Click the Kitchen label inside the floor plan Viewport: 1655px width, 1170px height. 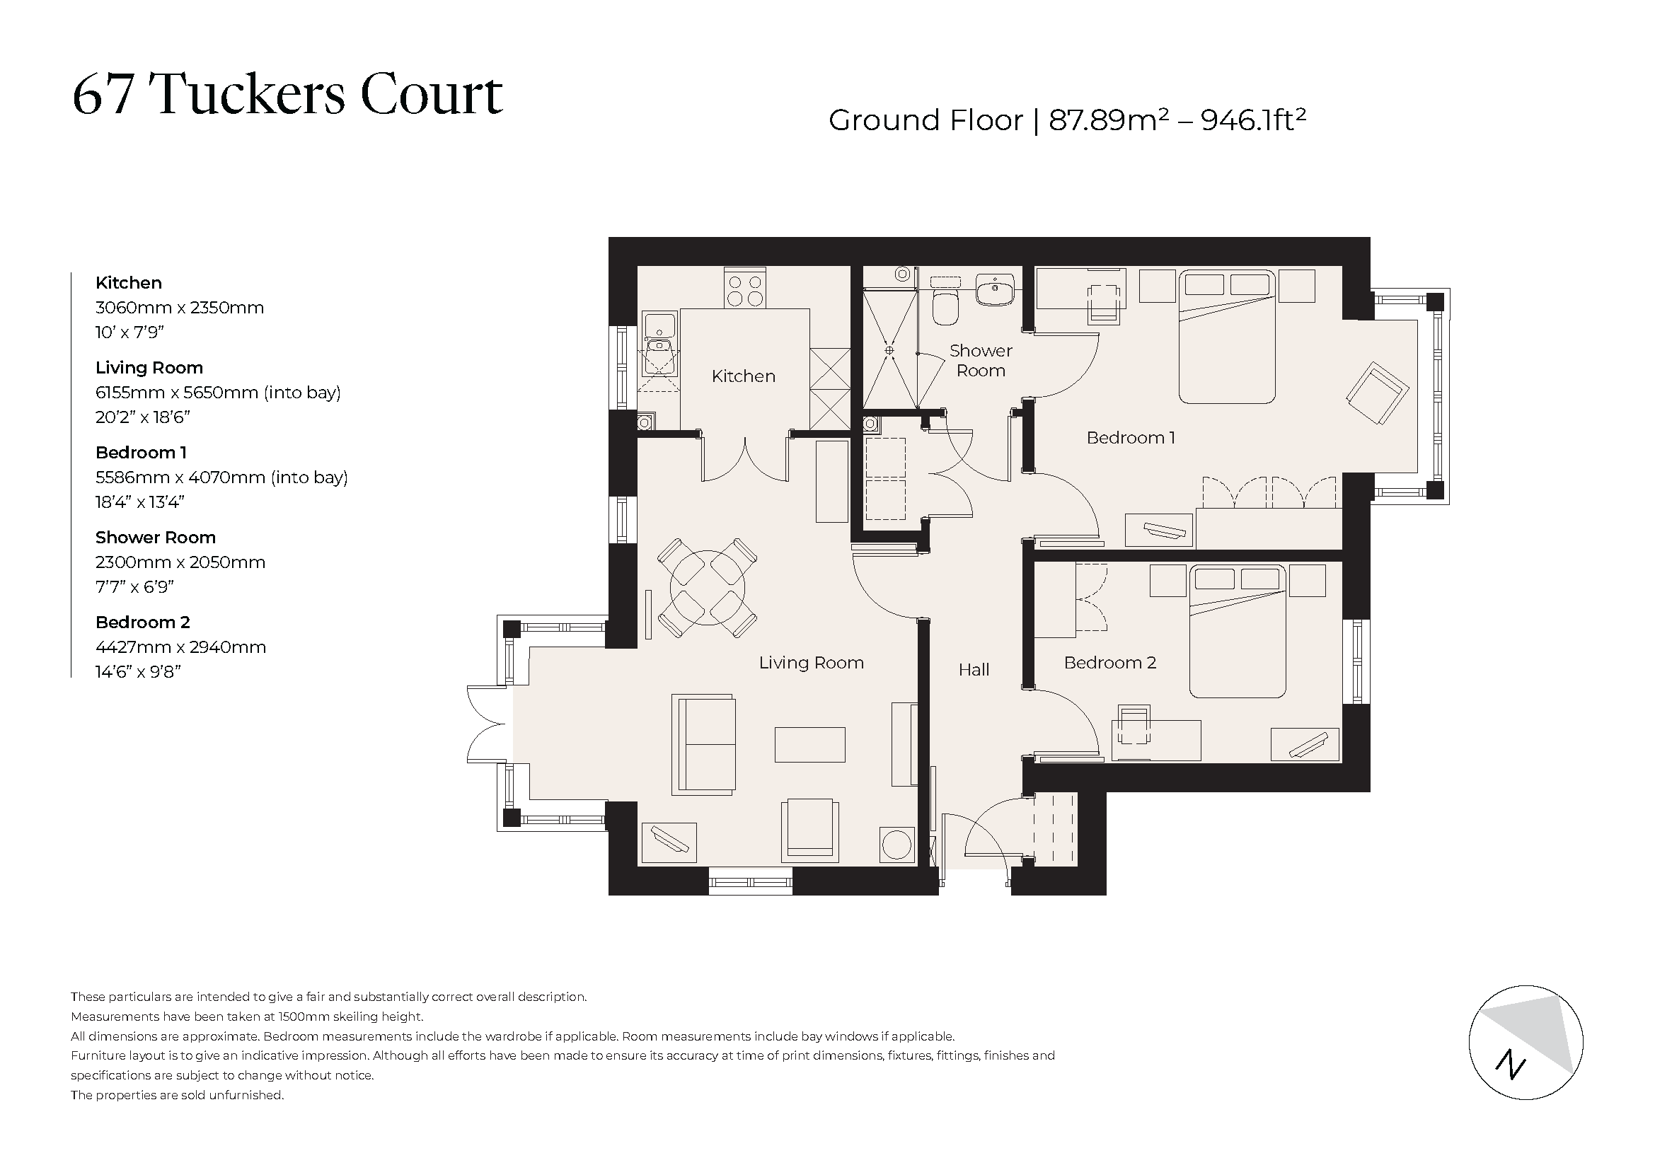(x=743, y=376)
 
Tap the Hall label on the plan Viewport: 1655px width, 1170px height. (x=973, y=670)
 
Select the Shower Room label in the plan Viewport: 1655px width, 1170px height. (x=980, y=360)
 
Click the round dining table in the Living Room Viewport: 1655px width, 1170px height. (x=707, y=588)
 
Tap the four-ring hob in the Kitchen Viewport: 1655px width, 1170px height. (x=745, y=289)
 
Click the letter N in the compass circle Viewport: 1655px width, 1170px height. (x=1509, y=1065)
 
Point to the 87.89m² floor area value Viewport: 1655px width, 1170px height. (x=1108, y=120)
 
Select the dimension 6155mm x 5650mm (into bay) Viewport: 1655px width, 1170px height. (x=218, y=393)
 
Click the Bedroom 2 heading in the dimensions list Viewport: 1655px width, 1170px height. (x=143, y=622)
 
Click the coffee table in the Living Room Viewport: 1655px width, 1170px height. (x=809, y=744)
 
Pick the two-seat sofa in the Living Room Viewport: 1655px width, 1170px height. (x=704, y=745)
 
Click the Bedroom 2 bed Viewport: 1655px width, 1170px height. (x=1237, y=632)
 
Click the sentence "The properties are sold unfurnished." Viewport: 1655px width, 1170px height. (x=178, y=1095)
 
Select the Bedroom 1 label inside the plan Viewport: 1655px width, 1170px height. (x=1130, y=438)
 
